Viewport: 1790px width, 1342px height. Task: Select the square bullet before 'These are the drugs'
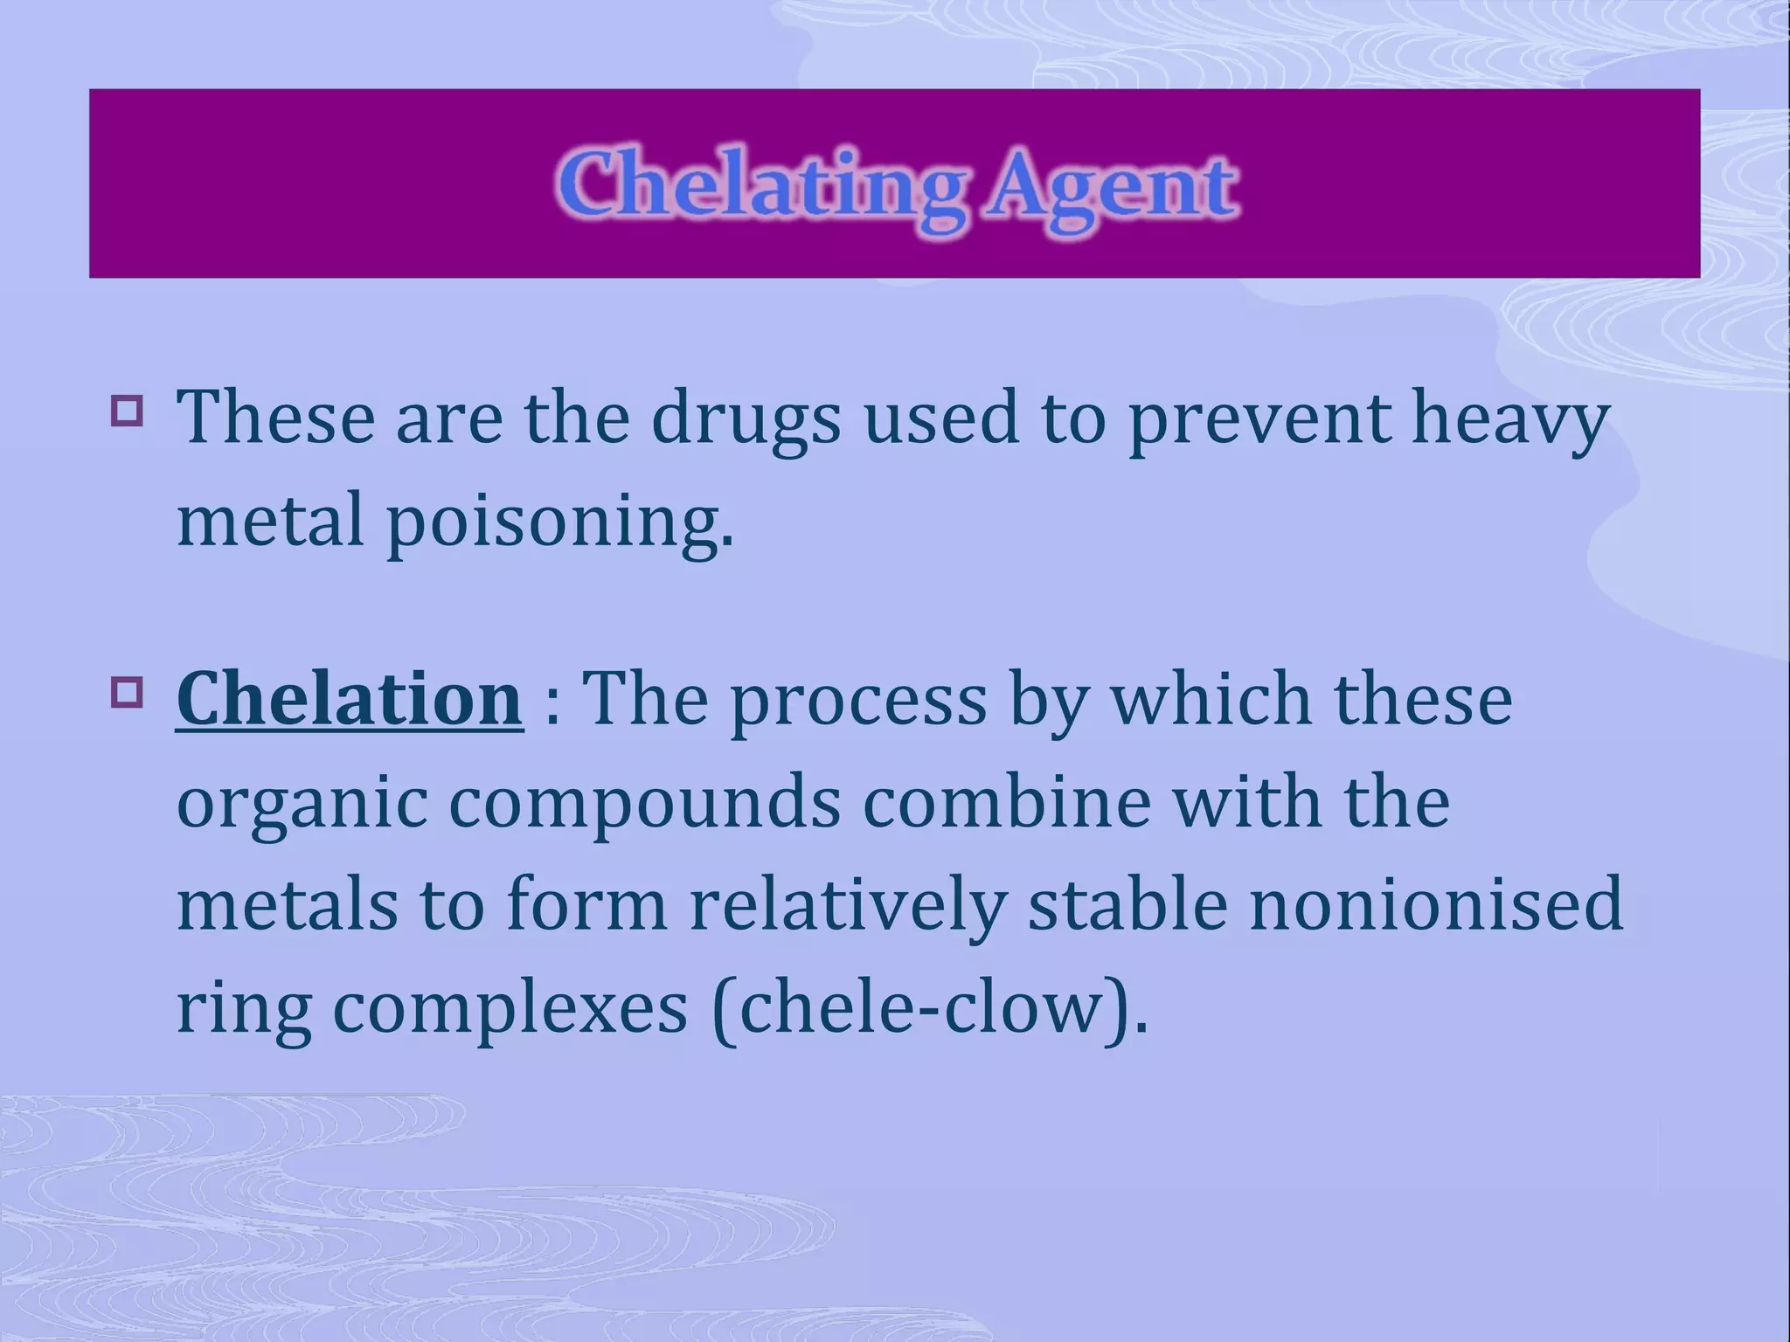pos(127,410)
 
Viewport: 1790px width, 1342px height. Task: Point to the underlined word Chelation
pos(350,699)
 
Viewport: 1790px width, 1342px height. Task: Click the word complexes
pos(510,1008)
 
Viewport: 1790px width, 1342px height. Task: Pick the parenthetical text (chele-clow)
pos(928,1008)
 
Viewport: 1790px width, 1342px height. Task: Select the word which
pos(1211,699)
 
